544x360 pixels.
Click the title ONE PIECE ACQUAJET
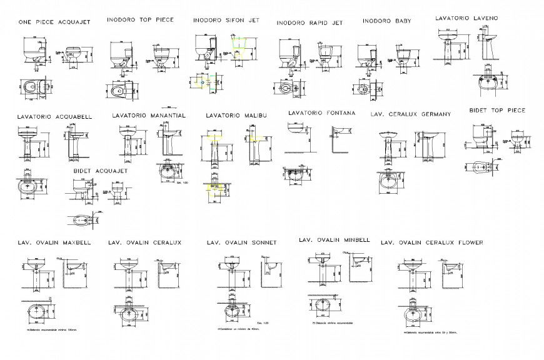(55, 22)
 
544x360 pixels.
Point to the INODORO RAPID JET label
(310, 22)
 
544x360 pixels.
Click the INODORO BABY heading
(386, 21)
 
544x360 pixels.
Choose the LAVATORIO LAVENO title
(466, 18)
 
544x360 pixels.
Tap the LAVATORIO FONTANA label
(321, 113)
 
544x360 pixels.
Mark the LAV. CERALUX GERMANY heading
(410, 114)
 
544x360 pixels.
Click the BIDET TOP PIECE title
(497, 110)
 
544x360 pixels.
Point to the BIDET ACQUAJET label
(100, 170)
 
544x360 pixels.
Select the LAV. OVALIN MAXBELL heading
(54, 242)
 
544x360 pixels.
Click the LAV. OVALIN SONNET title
(241, 242)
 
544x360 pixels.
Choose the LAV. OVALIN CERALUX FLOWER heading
(431, 242)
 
